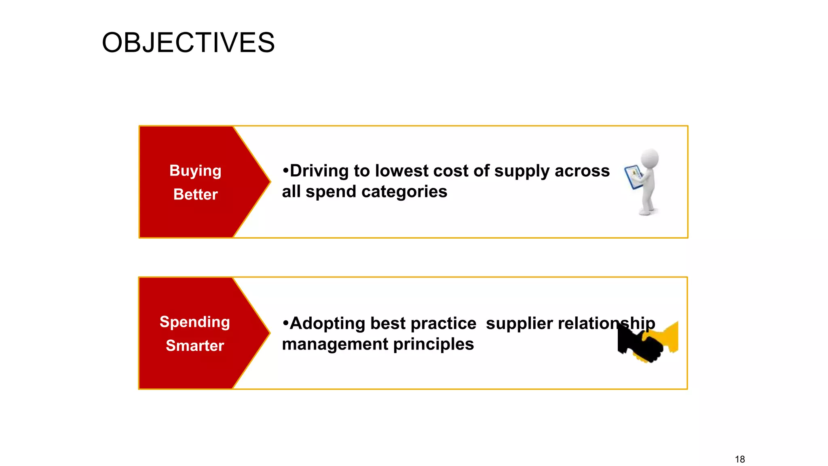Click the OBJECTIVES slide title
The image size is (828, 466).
pos(188,43)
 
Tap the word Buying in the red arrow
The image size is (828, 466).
pos(195,171)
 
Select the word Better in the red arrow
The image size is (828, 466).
pos(195,195)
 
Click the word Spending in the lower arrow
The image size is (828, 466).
pos(194,322)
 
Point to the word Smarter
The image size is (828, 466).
pos(194,346)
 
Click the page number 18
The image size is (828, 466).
pos(739,460)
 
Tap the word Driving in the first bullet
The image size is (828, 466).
pos(319,171)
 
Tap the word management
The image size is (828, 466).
pos(335,344)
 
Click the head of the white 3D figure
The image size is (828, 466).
pos(650,158)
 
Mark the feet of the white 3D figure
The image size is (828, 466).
pos(647,211)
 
